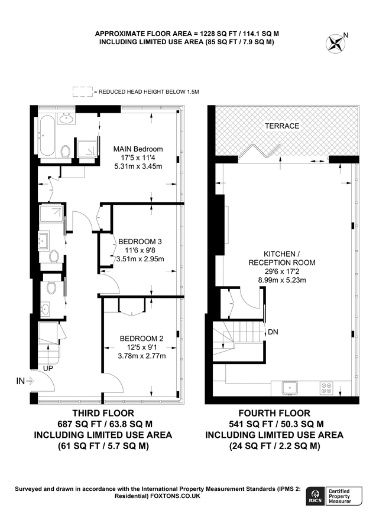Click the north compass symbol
tap(336, 42)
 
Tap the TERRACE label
tap(281, 126)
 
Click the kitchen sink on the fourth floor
tap(290, 388)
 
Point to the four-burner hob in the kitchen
tap(326, 388)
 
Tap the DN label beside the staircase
tap(273, 332)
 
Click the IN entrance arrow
tap(25, 382)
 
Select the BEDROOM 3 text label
tap(140, 242)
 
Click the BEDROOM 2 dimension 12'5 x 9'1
tap(141, 347)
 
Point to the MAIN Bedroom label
tap(138, 149)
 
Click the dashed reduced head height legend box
tap(82, 92)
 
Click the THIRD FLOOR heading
tap(102, 413)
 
